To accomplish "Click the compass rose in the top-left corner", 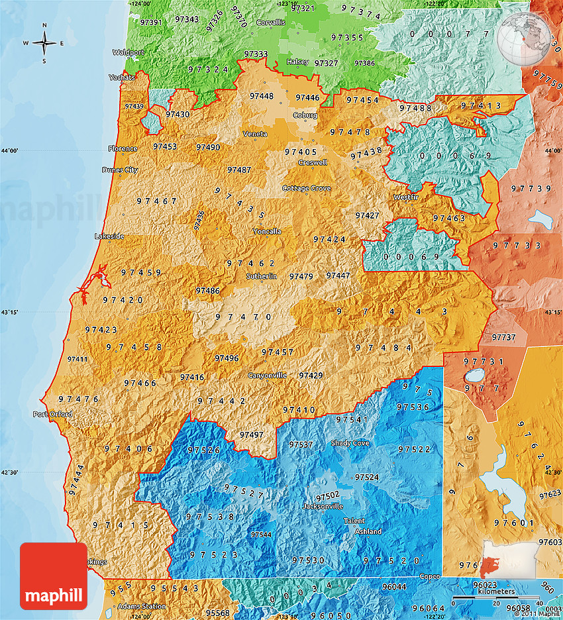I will (44, 43).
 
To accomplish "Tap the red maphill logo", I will (54, 576).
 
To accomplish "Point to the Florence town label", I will (123, 148).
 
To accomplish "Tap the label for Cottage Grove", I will (306, 188).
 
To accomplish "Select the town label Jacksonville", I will (323, 506).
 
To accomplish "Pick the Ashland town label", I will (368, 532).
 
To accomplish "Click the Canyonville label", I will (267, 376).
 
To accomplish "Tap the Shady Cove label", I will (350, 442).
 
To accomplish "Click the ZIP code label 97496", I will (227, 358).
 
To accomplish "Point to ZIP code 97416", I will (192, 378).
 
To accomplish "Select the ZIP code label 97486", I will (207, 291).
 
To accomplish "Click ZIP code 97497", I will (251, 435).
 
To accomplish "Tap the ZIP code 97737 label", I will (503, 337).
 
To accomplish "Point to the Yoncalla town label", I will (267, 231).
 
